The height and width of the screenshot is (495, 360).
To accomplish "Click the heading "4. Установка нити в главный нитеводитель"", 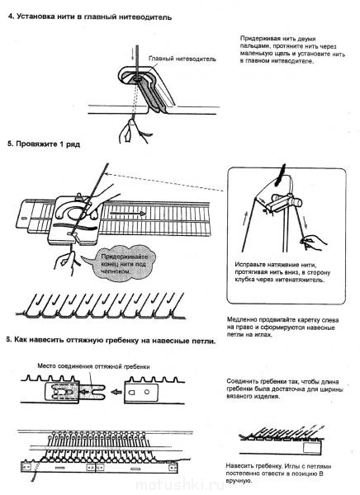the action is (90, 16).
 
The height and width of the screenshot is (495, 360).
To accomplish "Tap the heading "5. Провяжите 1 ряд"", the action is (44, 144).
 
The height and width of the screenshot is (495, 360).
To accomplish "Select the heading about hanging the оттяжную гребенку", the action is (111, 341).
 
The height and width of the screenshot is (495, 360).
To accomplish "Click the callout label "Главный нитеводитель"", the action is (182, 59).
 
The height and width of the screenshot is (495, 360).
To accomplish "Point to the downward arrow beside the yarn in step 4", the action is (132, 54).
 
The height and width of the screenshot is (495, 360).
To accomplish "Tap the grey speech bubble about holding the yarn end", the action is (120, 264).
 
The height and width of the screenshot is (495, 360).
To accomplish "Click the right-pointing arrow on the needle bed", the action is (128, 214).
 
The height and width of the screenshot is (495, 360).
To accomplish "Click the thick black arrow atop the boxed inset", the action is (281, 175).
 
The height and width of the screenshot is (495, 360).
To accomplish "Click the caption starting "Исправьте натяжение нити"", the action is (282, 272).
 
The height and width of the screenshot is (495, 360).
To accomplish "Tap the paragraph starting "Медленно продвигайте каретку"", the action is (283, 327).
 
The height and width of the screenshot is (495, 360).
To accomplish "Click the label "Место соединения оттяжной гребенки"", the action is (93, 366).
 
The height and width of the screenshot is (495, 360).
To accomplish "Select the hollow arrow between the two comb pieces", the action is (117, 392).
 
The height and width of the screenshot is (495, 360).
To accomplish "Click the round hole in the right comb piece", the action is (147, 392).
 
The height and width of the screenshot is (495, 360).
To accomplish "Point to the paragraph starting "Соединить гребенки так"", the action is (285, 389).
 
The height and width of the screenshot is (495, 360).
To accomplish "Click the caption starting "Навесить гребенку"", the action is (278, 474).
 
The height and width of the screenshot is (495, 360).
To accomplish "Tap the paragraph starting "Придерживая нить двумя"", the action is (292, 49).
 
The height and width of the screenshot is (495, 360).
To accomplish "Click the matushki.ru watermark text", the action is (180, 486).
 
